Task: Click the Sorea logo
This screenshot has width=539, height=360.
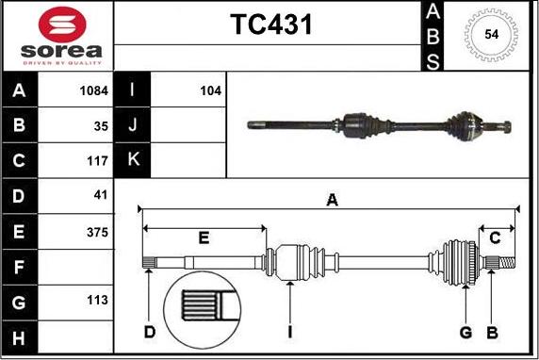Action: click(x=58, y=37)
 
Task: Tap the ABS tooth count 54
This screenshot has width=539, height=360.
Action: click(x=490, y=35)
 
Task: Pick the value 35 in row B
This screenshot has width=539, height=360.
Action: click(x=101, y=125)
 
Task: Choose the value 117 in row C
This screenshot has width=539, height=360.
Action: click(x=97, y=160)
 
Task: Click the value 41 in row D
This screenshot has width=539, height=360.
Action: click(x=101, y=196)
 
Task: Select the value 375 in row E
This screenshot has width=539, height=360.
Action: click(x=97, y=231)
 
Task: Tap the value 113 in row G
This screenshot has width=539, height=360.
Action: click(x=97, y=302)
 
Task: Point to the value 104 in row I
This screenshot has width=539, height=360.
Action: click(x=210, y=91)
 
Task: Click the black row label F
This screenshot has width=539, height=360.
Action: click(x=20, y=267)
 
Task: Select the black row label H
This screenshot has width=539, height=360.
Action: click(x=20, y=336)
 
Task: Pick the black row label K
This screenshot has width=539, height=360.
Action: click(x=132, y=160)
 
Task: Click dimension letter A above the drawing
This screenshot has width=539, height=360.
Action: click(x=331, y=199)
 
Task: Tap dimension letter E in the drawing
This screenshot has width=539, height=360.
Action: click(x=204, y=236)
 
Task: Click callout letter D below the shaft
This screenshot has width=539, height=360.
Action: click(x=149, y=331)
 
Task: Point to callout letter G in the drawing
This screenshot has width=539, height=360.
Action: click(x=465, y=331)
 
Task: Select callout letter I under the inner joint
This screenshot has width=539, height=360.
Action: click(x=291, y=331)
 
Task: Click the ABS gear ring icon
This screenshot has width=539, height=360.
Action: click(x=490, y=35)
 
